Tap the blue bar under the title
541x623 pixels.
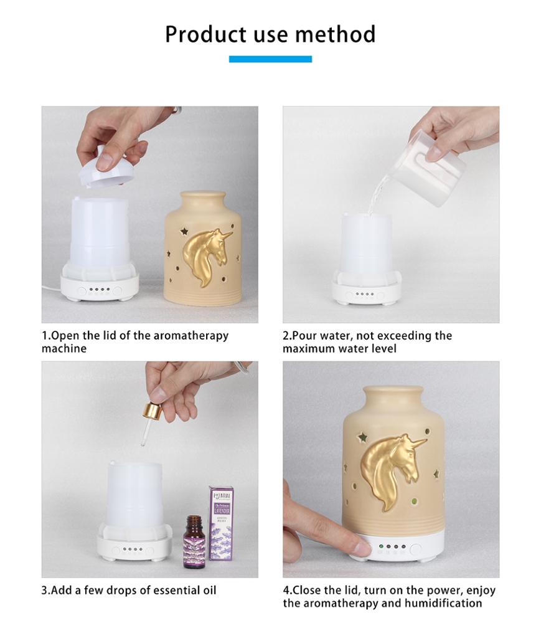coord(270,59)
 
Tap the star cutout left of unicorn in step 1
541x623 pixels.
coord(184,231)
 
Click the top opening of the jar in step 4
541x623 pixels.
coord(394,390)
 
